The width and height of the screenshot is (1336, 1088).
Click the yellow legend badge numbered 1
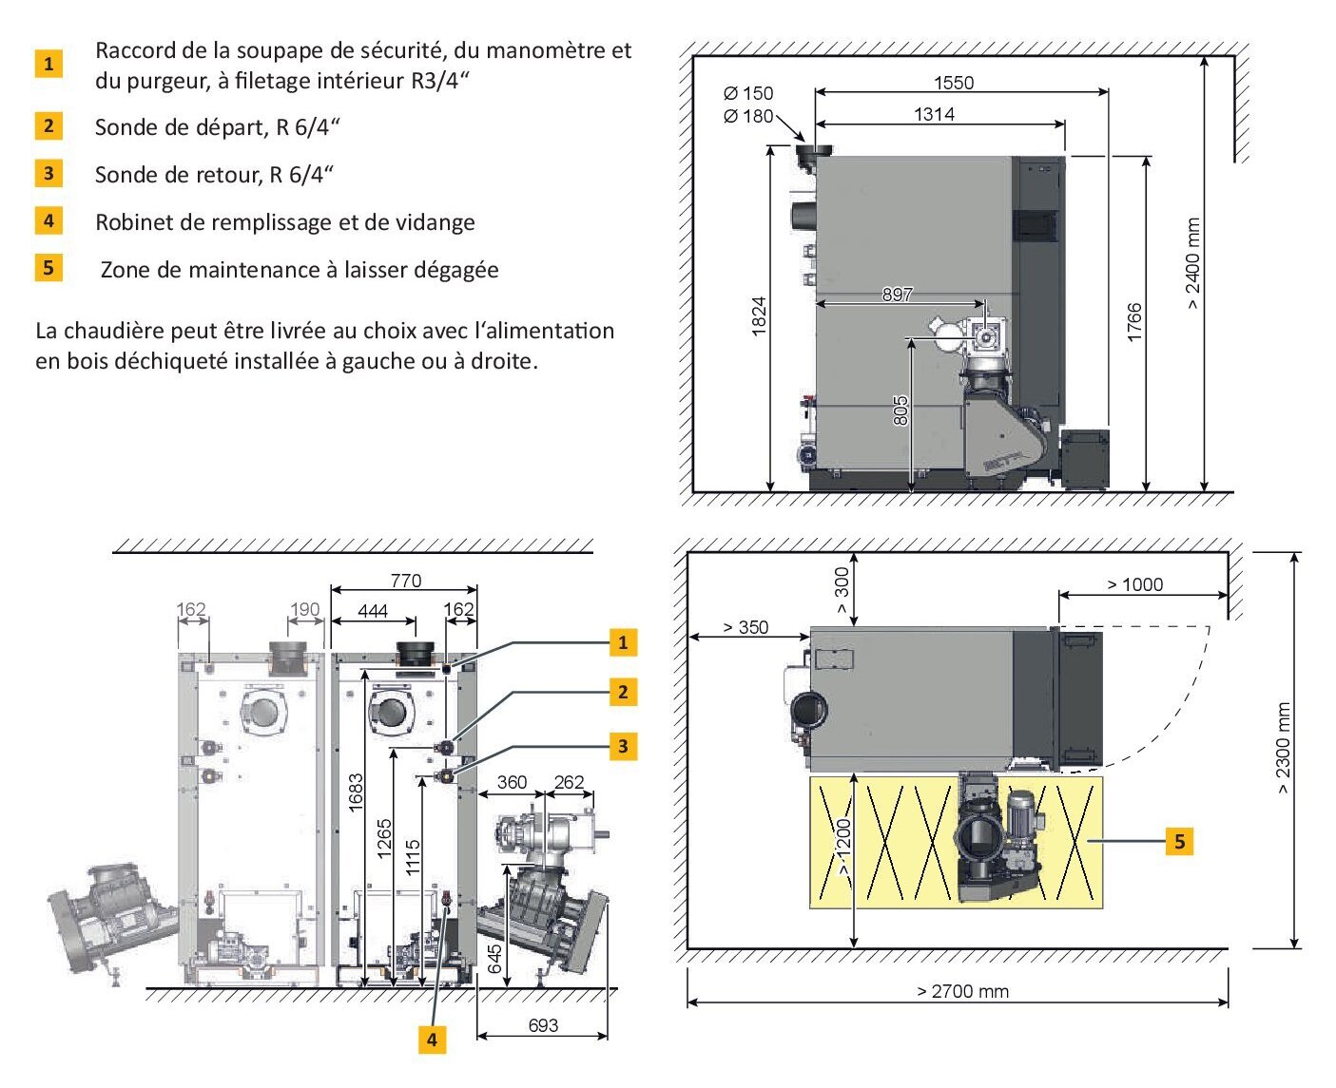pyautogui.click(x=48, y=64)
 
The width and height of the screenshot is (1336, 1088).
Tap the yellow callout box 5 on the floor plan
pyautogui.click(x=1179, y=841)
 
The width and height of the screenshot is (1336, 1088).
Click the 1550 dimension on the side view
pyautogui.click(x=953, y=82)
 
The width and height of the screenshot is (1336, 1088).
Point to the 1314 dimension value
pyautogui.click(x=934, y=114)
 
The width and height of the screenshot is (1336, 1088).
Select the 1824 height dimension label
pyautogui.click(x=759, y=315)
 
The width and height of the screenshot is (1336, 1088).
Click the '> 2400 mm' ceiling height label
pyautogui.click(x=1192, y=264)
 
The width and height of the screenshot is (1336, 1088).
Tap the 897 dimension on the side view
pyautogui.click(x=897, y=294)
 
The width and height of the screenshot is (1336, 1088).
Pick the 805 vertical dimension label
pyautogui.click(x=900, y=410)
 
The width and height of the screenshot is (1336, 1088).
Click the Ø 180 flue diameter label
pyautogui.click(x=748, y=116)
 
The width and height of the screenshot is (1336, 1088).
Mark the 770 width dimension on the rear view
pyautogui.click(x=405, y=581)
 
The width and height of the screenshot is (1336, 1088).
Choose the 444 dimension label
pyautogui.click(x=373, y=611)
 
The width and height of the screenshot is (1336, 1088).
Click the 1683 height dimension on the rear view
pyautogui.click(x=355, y=792)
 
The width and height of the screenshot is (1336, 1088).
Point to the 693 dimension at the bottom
pyautogui.click(x=543, y=1025)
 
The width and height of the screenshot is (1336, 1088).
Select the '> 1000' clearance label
pyautogui.click(x=1134, y=584)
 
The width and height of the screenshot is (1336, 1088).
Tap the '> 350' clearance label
pyautogui.click(x=745, y=627)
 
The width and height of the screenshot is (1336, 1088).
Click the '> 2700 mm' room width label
pyautogui.click(x=962, y=991)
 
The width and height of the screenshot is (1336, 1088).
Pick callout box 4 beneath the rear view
pyautogui.click(x=432, y=1040)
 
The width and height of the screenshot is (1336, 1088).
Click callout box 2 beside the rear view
pyautogui.click(x=623, y=692)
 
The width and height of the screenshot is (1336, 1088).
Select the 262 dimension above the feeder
pyautogui.click(x=569, y=783)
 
